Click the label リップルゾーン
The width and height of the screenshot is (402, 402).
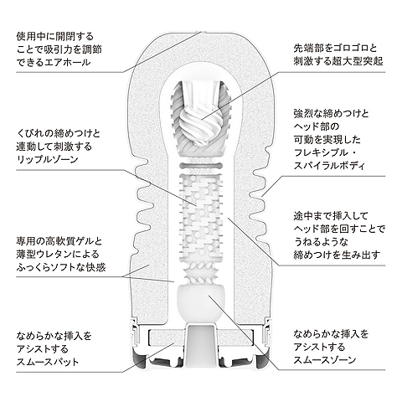[48, 160]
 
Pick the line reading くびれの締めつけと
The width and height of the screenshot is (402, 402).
[58, 133]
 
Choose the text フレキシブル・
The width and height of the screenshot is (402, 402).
[325, 153]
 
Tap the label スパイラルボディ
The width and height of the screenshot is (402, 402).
[329, 166]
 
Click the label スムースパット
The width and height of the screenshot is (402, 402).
[48, 362]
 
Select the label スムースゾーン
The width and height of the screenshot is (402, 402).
[325, 360]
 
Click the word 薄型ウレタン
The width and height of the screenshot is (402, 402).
[44, 255]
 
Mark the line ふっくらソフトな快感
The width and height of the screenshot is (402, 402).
[61, 268]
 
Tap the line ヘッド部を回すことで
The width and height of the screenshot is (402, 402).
[339, 229]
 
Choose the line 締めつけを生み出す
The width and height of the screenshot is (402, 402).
[337, 255]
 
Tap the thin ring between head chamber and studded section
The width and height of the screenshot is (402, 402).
[201, 167]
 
